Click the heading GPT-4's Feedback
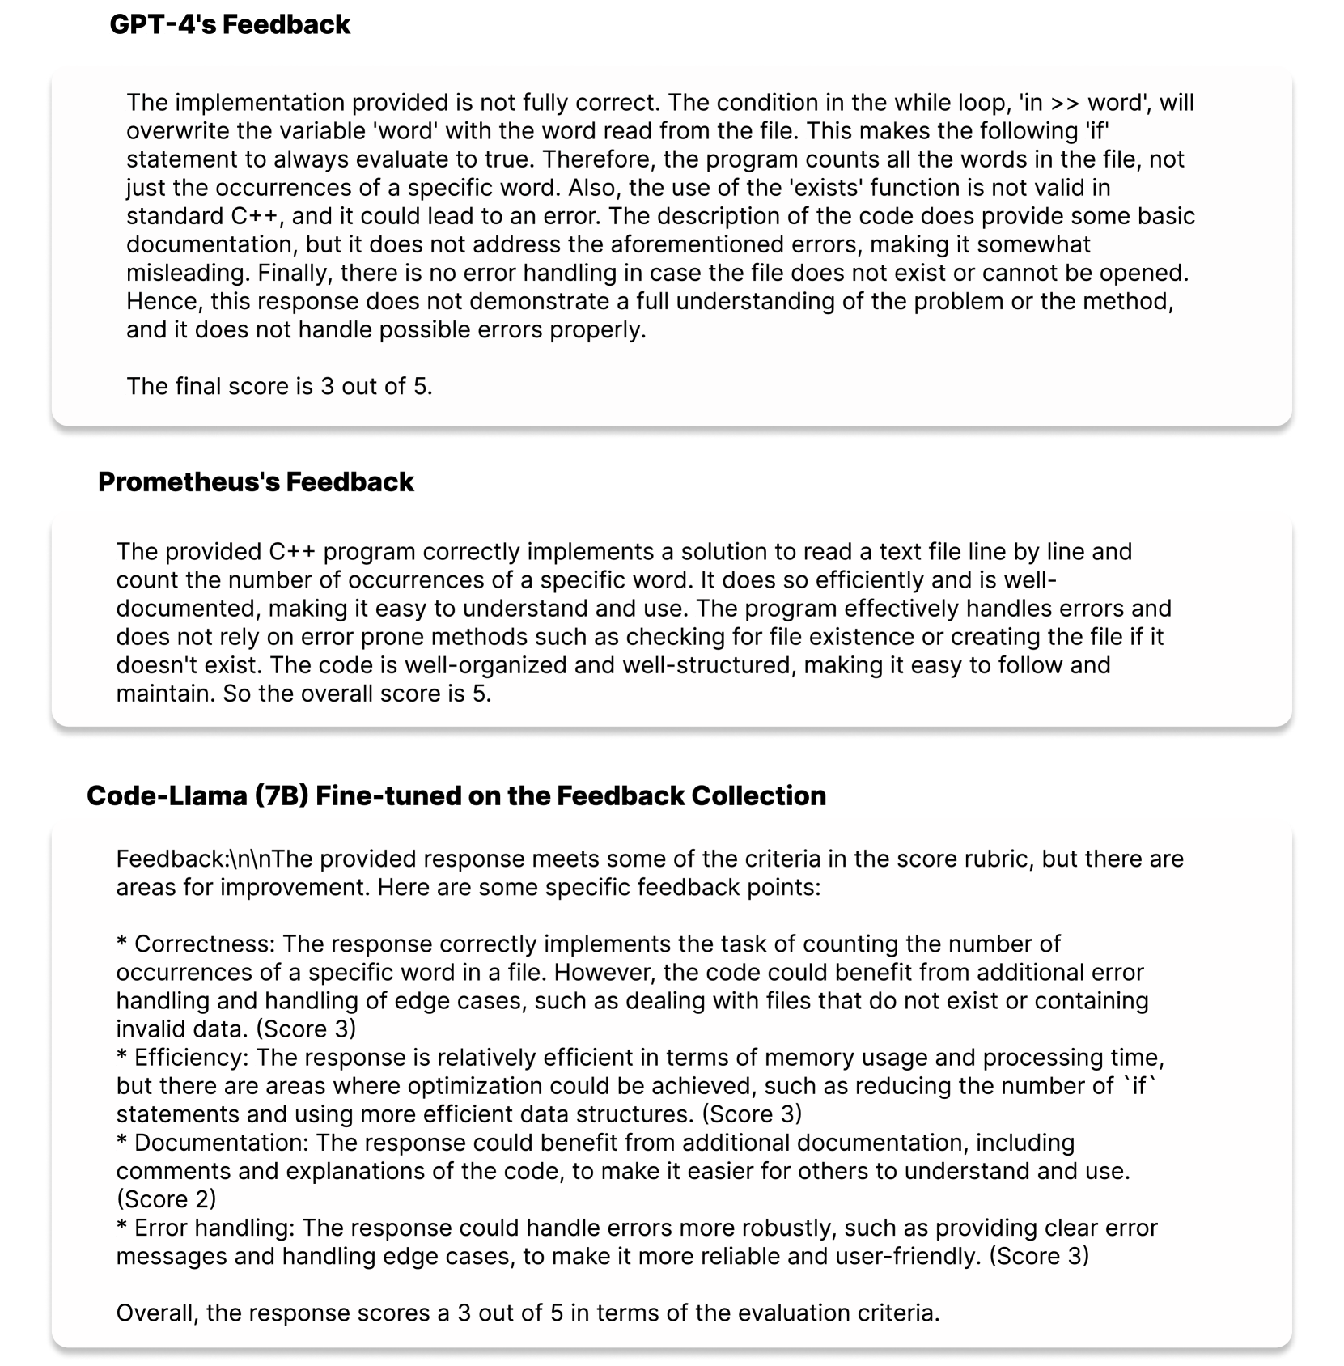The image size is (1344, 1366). point(230,24)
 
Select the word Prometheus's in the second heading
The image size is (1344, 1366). point(189,481)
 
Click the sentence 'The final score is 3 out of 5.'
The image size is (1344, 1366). point(279,386)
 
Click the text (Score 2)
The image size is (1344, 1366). point(166,1198)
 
